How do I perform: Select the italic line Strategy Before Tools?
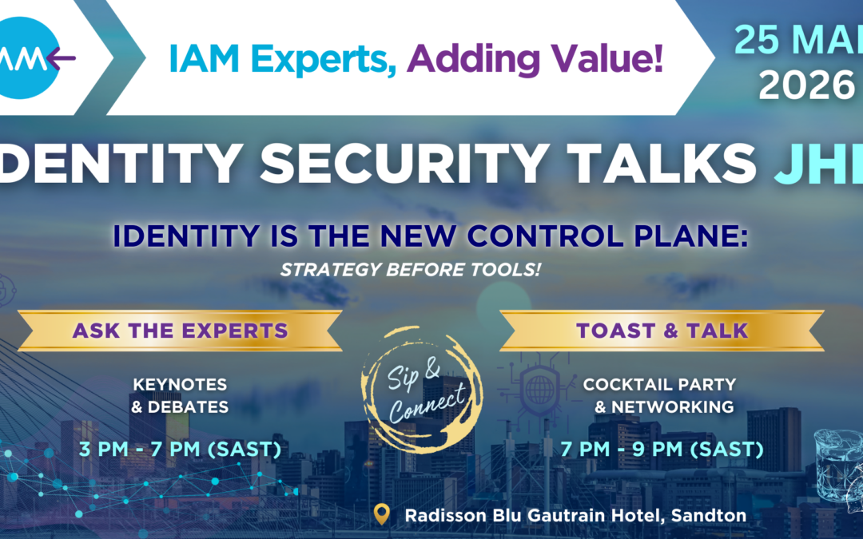(410, 269)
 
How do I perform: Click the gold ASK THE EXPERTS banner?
(181, 331)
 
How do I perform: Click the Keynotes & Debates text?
(180, 395)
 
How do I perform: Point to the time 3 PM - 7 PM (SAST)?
(180, 449)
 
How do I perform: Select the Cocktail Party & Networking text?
(660, 395)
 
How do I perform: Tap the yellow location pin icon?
(383, 514)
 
